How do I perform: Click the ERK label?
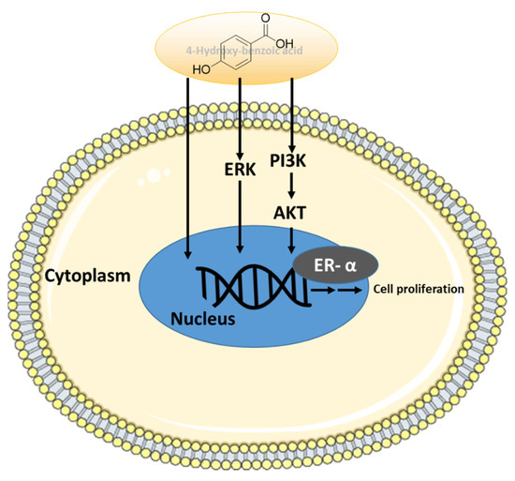pos(243,174)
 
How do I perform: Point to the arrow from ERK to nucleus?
pos(243,220)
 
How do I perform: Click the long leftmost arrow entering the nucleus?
pos(190,169)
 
